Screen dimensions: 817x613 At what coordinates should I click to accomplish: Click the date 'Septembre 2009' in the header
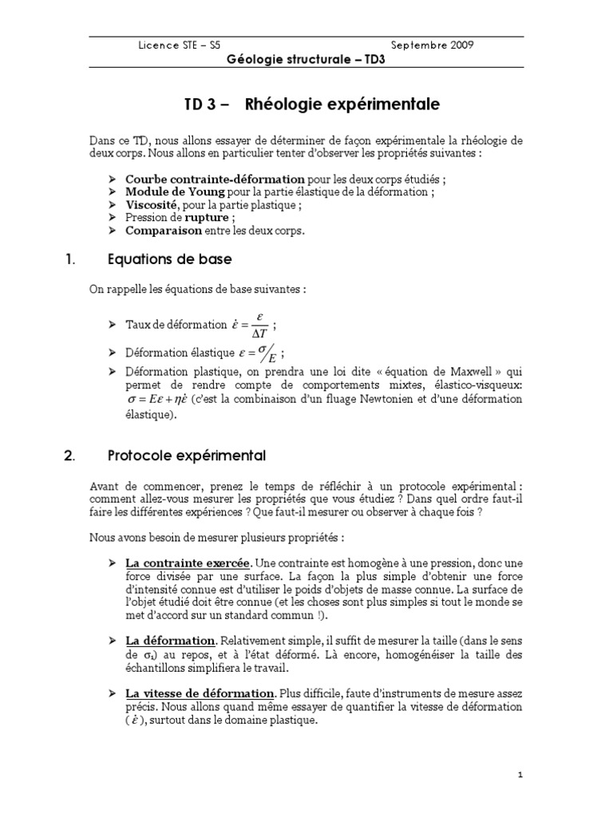(433, 45)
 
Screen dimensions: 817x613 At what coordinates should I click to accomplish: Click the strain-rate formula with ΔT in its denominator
(250, 325)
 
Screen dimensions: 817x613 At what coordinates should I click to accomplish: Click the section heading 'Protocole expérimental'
(186, 456)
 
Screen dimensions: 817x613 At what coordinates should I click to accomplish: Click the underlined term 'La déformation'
(171, 641)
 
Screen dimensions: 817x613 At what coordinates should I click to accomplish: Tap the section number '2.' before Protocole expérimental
(68, 456)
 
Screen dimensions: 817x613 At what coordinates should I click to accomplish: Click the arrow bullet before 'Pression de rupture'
(113, 218)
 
